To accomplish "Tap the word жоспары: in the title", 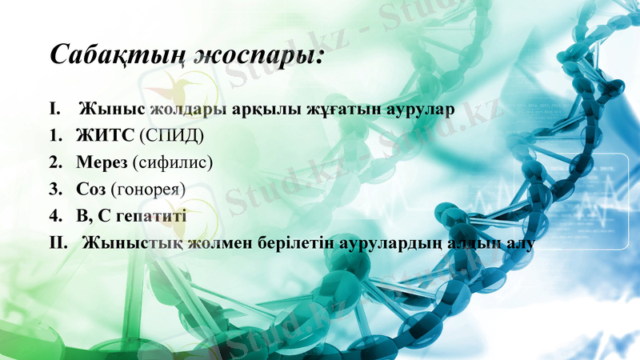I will (x=264, y=56).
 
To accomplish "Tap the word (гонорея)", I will (x=148, y=190).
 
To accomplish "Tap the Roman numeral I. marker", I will (x=55, y=106).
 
